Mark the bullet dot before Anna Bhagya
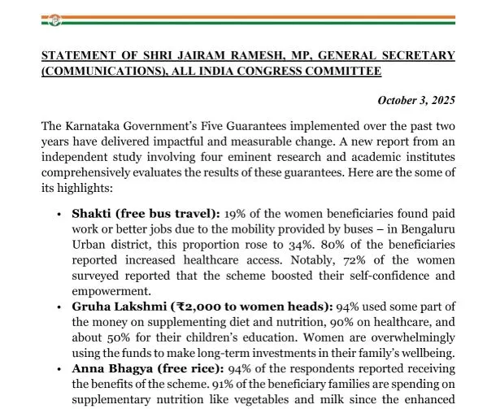(x=59, y=368)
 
